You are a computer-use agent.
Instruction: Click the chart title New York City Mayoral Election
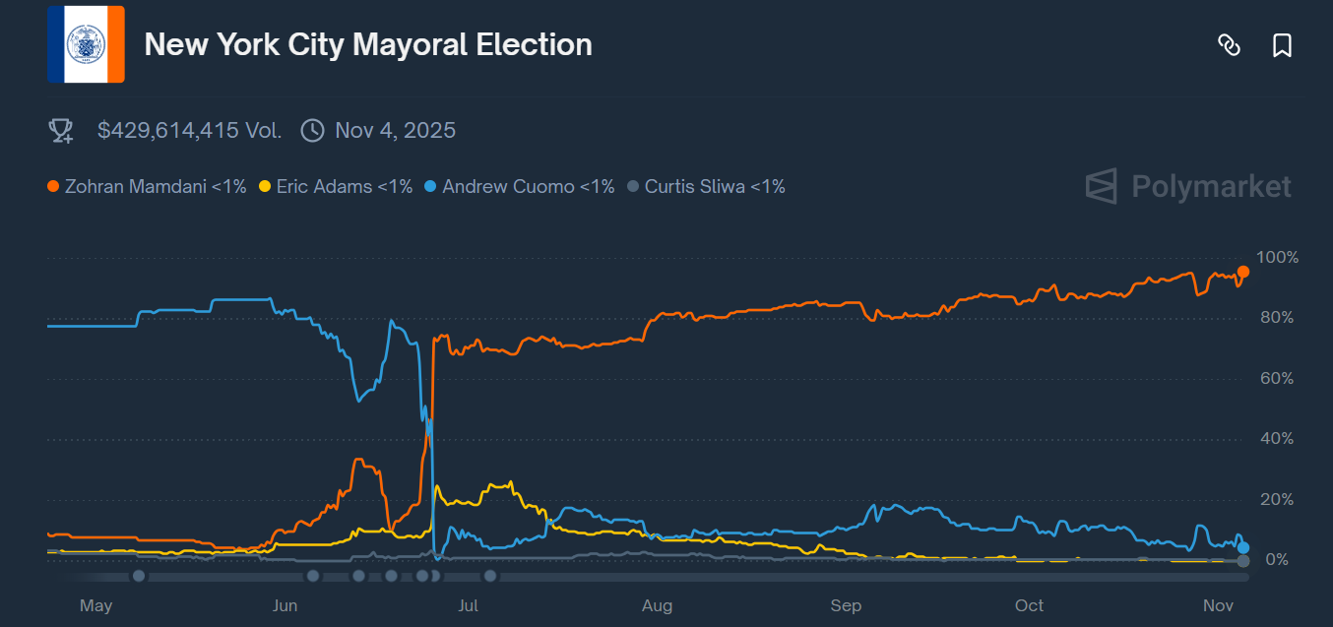tap(368, 45)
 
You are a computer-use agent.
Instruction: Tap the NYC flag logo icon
tap(86, 44)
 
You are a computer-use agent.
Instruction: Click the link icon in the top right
tap(1229, 45)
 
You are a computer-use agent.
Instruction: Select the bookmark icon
tap(1282, 45)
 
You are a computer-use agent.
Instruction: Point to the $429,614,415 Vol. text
tap(189, 130)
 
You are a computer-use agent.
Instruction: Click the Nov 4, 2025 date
tap(395, 130)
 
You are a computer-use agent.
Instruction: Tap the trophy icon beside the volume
tap(61, 131)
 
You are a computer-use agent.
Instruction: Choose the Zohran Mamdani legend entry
tap(147, 186)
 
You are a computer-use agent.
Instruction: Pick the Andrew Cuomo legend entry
tap(519, 186)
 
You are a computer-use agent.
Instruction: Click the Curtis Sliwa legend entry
tap(706, 186)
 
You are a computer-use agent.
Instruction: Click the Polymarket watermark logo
tap(1188, 186)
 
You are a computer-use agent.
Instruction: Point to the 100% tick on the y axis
tap(1278, 258)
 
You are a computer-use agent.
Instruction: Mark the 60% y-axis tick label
tap(1276, 379)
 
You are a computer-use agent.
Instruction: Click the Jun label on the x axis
tap(285, 605)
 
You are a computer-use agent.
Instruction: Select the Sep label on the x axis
tap(846, 605)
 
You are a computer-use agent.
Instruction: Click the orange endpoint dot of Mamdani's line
tap(1243, 272)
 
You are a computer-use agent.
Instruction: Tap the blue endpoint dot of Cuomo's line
tap(1243, 547)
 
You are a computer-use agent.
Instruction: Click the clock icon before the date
tap(312, 131)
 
